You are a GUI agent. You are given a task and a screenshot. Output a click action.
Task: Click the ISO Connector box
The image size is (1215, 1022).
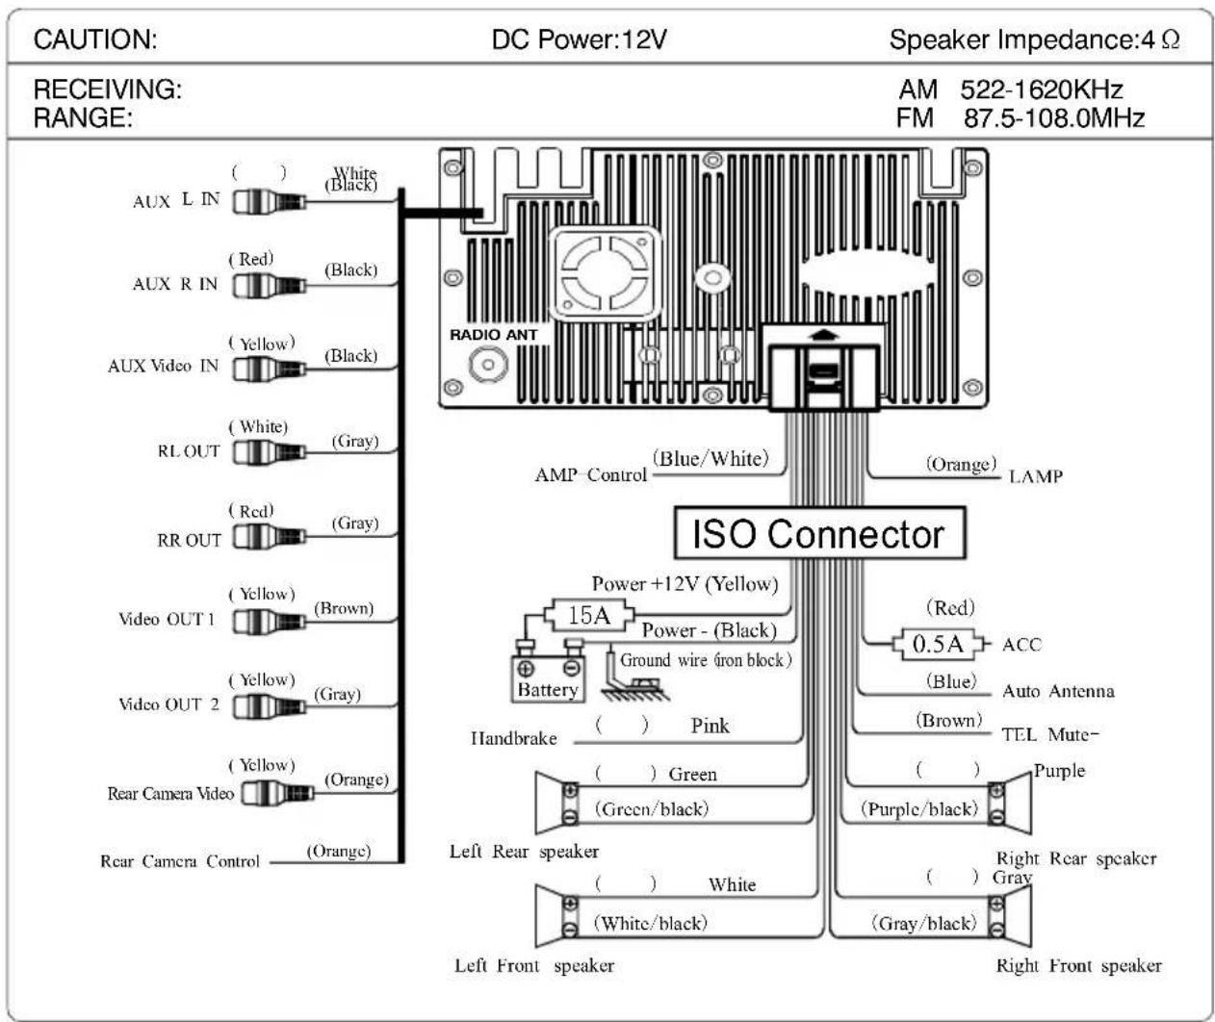(819, 533)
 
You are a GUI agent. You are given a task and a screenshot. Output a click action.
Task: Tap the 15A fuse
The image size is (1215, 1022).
(589, 615)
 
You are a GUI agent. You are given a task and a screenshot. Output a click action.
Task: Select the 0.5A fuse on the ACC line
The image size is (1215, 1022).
(938, 644)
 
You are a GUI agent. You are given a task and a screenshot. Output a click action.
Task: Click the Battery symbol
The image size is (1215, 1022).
(548, 677)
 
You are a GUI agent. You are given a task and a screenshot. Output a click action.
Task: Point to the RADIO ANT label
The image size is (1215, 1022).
(494, 335)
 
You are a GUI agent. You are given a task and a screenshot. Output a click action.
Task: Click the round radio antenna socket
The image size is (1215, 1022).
(488, 365)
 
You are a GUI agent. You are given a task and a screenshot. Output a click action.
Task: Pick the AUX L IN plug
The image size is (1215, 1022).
(269, 202)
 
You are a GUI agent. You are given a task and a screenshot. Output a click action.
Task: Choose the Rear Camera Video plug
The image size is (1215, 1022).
(277, 793)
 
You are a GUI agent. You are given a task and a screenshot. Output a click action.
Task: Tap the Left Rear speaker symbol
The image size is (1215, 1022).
(556, 804)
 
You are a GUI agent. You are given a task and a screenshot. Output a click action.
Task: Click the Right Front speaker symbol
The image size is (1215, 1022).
(1011, 917)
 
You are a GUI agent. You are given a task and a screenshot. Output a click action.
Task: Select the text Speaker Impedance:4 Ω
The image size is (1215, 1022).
(1034, 40)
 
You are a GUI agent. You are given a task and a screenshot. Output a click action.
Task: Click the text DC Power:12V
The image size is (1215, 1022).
(579, 40)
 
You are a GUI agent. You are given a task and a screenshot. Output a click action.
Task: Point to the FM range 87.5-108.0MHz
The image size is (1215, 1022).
(1054, 118)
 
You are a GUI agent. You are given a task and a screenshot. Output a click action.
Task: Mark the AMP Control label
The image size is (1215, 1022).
(590, 475)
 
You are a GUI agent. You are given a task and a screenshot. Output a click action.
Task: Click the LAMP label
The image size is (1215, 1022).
(1036, 477)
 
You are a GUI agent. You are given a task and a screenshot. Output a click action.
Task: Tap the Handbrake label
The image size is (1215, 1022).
(514, 739)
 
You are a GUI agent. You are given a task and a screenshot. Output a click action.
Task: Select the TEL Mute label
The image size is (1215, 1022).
(1049, 734)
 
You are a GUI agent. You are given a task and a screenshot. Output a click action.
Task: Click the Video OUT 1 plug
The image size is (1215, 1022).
(269, 622)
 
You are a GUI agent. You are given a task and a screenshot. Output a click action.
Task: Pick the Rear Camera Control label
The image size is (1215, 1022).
(180, 861)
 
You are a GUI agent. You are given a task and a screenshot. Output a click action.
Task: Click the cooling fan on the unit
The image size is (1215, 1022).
(606, 273)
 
